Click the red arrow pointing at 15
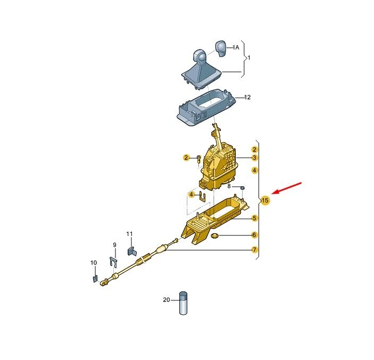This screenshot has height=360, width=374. [288, 189]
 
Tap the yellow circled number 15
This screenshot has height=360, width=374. [265, 200]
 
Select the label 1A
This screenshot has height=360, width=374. [235, 47]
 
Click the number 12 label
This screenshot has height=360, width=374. [247, 97]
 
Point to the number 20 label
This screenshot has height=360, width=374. [166, 300]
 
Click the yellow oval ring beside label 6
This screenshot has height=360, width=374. [215, 235]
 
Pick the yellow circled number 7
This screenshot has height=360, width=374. [255, 250]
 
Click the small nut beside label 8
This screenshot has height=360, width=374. [242, 187]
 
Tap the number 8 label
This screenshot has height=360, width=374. [229, 186]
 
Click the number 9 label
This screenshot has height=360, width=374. [113, 245]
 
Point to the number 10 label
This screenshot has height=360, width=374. [94, 263]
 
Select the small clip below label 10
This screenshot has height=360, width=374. [94, 276]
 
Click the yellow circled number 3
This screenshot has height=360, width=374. [255, 158]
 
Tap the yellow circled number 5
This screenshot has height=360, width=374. [255, 218]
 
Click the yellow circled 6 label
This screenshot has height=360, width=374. [255, 235]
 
